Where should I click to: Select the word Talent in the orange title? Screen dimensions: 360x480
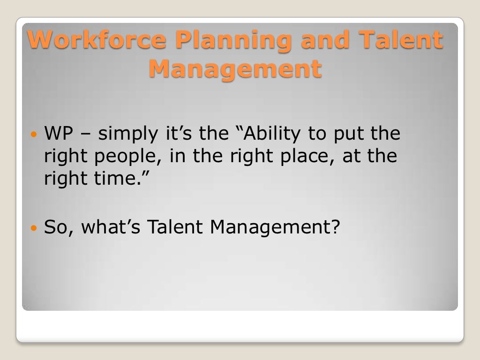click(402, 40)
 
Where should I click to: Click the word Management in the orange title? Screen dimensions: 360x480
click(236, 69)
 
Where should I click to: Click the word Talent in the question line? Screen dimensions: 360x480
click(176, 227)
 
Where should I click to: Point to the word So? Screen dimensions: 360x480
click(58, 227)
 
